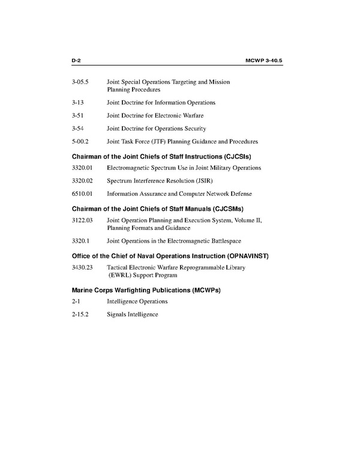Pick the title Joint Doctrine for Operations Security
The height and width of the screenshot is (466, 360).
(x=156, y=129)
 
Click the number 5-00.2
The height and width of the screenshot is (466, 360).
(x=80, y=142)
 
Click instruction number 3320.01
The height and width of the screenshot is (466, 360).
(x=82, y=168)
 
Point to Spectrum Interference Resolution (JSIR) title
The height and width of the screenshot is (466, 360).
(x=160, y=180)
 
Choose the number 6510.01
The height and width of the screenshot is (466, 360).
(x=82, y=193)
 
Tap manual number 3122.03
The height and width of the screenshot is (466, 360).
(x=82, y=220)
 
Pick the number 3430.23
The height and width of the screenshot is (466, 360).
(x=82, y=267)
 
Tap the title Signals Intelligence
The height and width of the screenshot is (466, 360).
(x=132, y=314)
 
